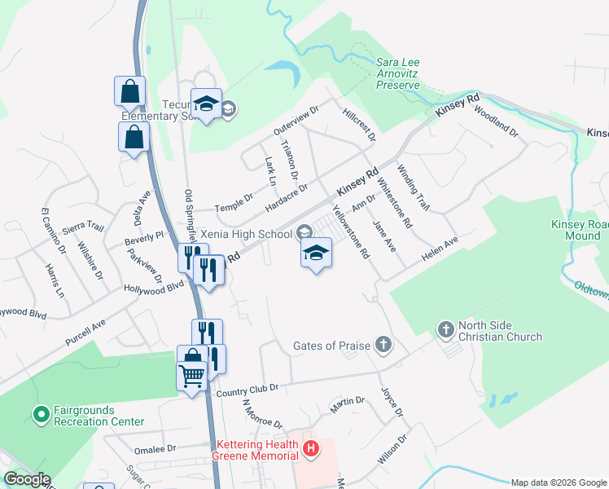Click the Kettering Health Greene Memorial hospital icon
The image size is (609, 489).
(309, 448)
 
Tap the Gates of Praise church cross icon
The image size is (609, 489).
(383, 345)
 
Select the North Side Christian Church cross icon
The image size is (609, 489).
(445, 330)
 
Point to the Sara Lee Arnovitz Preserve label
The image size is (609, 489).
(397, 73)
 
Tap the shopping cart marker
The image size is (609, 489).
(191, 377)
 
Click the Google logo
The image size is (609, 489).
(26, 479)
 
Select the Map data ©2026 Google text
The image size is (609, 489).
(558, 482)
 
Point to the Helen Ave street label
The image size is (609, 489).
(440, 249)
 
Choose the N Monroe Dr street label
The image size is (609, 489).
(261, 413)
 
